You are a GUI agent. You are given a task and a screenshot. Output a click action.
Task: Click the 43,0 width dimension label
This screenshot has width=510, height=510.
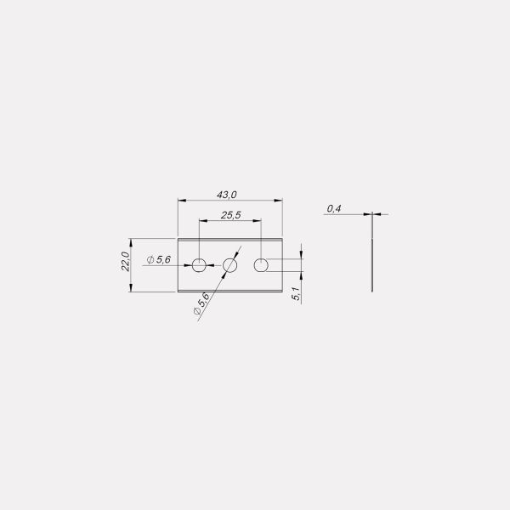click(227, 195)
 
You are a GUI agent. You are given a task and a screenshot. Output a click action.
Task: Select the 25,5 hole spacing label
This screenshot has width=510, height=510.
click(231, 215)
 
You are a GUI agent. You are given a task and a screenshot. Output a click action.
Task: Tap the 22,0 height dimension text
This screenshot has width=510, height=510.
click(126, 261)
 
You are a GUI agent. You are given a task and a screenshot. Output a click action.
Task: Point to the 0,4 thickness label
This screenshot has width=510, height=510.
click(334, 208)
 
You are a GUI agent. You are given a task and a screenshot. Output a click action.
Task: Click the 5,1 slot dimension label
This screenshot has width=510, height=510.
click(297, 293)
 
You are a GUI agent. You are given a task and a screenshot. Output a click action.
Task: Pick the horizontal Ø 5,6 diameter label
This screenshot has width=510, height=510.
click(158, 259)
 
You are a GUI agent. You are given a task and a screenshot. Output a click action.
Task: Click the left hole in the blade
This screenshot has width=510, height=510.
click(199, 265)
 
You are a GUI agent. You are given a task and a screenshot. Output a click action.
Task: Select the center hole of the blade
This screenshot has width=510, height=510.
click(230, 265)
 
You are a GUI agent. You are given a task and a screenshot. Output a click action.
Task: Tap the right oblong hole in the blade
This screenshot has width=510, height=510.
click(261, 265)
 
